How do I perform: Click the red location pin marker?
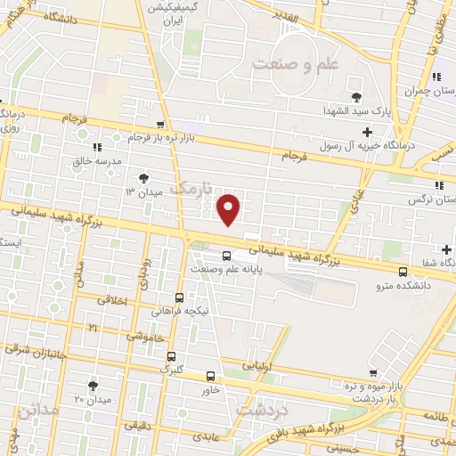coord(230,208)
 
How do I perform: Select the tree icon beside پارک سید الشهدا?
coord(357,97)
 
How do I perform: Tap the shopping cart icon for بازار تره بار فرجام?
coord(159,125)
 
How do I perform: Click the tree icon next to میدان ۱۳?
coord(144,177)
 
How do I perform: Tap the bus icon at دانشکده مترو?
coord(403,272)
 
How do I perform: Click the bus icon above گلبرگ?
coord(179,298)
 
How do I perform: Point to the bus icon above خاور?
coord(211,376)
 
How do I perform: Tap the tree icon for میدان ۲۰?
coord(93,385)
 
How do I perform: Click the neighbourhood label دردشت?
coord(263,408)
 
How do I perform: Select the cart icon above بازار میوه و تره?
coord(372,375)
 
